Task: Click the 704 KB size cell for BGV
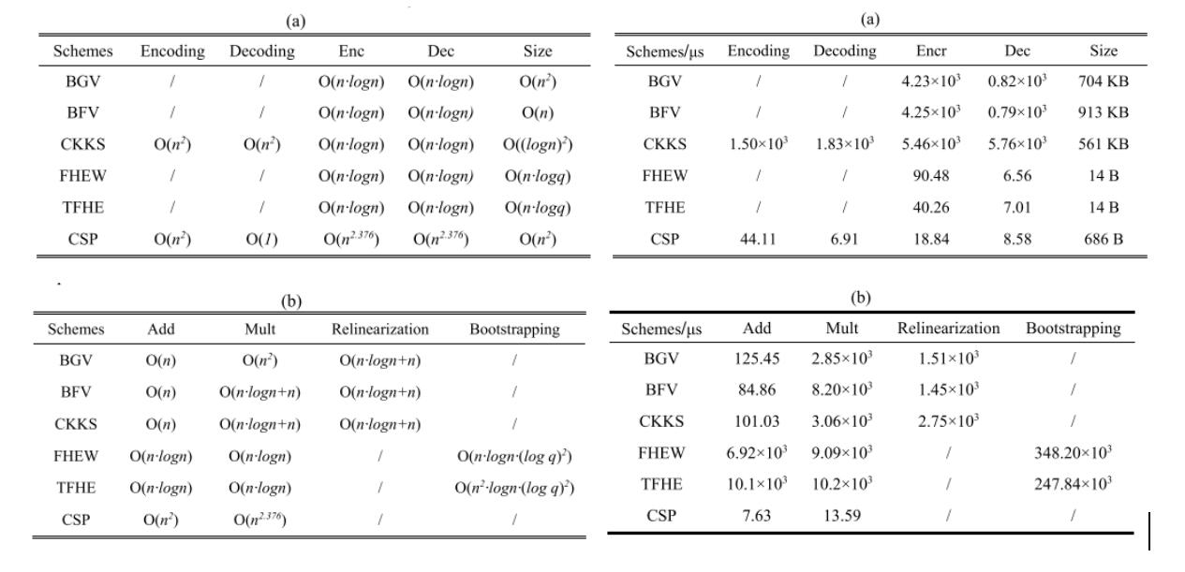(1103, 81)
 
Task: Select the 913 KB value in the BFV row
(1103, 112)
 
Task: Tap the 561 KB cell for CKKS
(1103, 144)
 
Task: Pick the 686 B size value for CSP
(1103, 239)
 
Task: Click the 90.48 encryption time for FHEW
(930, 175)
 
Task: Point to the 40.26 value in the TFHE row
(930, 207)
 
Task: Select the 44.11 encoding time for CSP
(758, 239)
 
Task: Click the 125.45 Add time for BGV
(757, 359)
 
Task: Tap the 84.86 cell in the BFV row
(757, 389)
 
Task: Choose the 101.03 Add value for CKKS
(757, 421)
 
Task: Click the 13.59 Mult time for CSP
(841, 516)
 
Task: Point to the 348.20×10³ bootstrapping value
(1073, 452)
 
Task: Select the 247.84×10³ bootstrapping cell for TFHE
(1073, 484)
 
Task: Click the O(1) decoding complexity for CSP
(262, 240)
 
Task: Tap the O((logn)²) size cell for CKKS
(538, 144)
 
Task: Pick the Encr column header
(931, 51)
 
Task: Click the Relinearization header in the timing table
(949, 329)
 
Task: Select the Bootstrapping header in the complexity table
(514, 330)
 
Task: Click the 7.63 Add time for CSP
(757, 516)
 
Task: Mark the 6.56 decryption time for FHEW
(1017, 175)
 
